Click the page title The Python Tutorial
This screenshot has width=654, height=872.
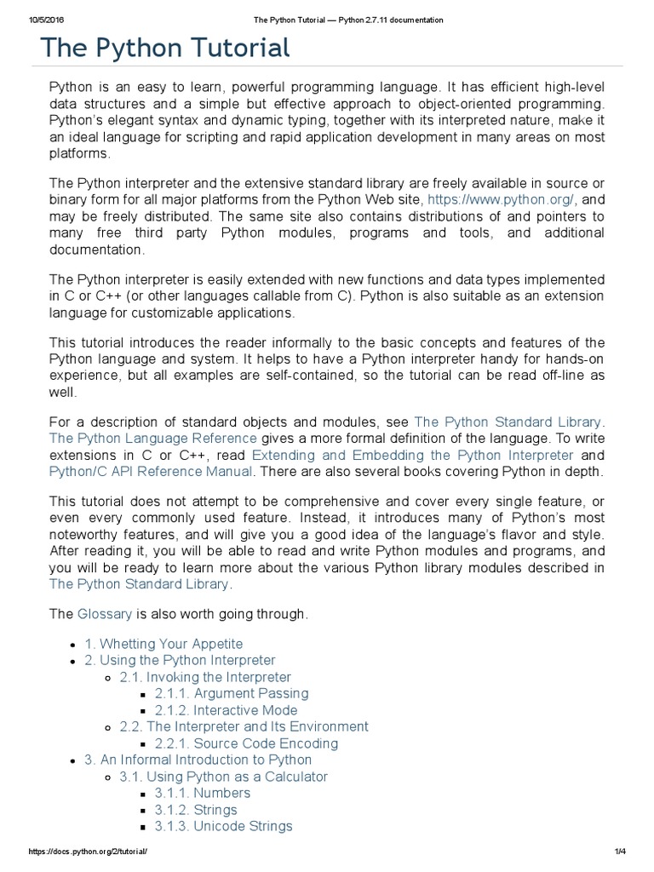coord(165,48)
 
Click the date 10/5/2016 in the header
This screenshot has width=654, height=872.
coord(29,20)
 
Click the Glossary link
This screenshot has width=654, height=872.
coord(105,613)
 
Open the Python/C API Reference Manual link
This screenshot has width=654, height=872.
coord(151,471)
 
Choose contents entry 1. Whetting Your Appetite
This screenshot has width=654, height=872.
coord(163,644)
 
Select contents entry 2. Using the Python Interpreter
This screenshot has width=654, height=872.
coord(180,660)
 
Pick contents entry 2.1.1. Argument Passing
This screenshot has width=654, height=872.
coord(232,693)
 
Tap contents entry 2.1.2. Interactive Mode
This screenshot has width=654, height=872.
coord(226,710)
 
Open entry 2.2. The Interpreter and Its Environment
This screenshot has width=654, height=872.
coord(244,726)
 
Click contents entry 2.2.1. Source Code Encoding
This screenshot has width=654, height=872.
coord(246,743)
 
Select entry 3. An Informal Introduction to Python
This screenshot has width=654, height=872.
coord(198,760)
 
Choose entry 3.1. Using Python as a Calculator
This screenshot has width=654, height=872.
coord(223,777)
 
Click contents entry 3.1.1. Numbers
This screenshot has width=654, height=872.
coord(202,793)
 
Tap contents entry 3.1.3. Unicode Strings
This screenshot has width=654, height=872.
coord(223,826)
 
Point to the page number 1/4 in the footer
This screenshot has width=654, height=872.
coord(619,852)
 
